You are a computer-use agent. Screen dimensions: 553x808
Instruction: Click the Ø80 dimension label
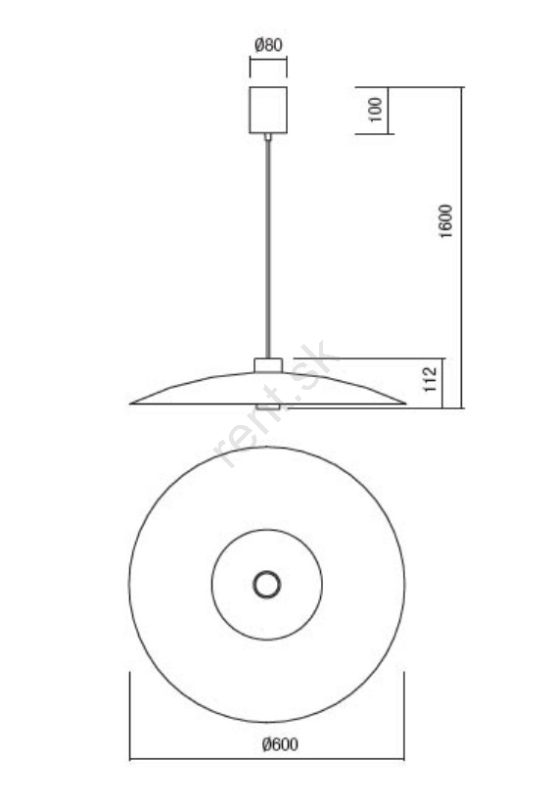268,45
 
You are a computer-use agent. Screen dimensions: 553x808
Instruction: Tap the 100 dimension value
376,110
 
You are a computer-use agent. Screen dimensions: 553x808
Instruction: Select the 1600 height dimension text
446,221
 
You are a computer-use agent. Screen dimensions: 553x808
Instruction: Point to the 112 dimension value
430,379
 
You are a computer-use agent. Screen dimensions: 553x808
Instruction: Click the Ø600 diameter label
280,744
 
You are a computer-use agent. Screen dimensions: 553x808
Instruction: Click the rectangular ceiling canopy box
268,111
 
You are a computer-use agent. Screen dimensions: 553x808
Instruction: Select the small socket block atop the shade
268,365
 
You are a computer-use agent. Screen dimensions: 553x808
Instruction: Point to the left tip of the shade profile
130,404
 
